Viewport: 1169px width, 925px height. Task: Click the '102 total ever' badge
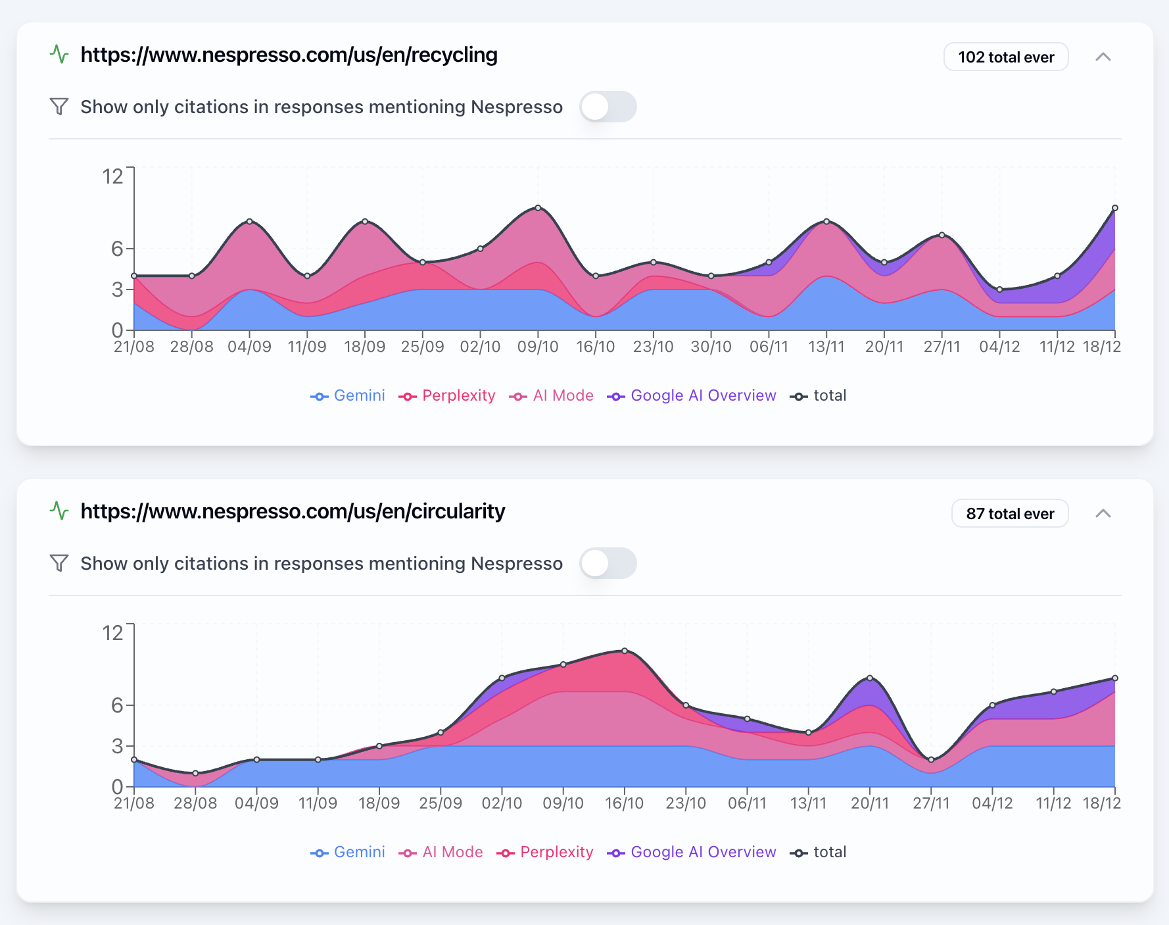click(1005, 57)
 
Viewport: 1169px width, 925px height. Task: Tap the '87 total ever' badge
click(1009, 514)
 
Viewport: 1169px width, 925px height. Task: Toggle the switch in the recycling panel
click(608, 107)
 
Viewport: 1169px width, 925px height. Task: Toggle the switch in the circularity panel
click(608, 563)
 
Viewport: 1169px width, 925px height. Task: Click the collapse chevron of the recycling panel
click(1103, 57)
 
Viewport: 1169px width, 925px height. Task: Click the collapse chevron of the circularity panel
click(1103, 514)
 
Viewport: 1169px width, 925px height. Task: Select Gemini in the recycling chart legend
click(348, 395)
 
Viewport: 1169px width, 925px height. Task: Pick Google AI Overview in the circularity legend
click(692, 852)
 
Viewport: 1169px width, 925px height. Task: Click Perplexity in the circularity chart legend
click(545, 852)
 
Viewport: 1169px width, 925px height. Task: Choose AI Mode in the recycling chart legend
click(552, 395)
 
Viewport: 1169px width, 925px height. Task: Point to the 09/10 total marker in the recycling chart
click(538, 208)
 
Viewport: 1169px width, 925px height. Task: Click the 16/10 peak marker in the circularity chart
click(625, 651)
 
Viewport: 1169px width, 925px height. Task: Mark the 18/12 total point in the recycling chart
click(1114, 208)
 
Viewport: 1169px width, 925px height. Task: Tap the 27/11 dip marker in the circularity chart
click(931, 760)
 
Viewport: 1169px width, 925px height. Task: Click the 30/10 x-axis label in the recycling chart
click(711, 347)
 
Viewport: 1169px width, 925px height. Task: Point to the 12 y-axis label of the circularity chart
click(113, 633)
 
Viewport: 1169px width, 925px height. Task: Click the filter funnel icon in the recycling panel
click(59, 107)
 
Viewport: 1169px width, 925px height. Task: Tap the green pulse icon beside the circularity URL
click(59, 511)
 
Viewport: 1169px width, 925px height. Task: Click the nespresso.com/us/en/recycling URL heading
click(289, 55)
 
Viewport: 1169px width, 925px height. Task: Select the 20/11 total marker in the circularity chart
click(870, 678)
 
